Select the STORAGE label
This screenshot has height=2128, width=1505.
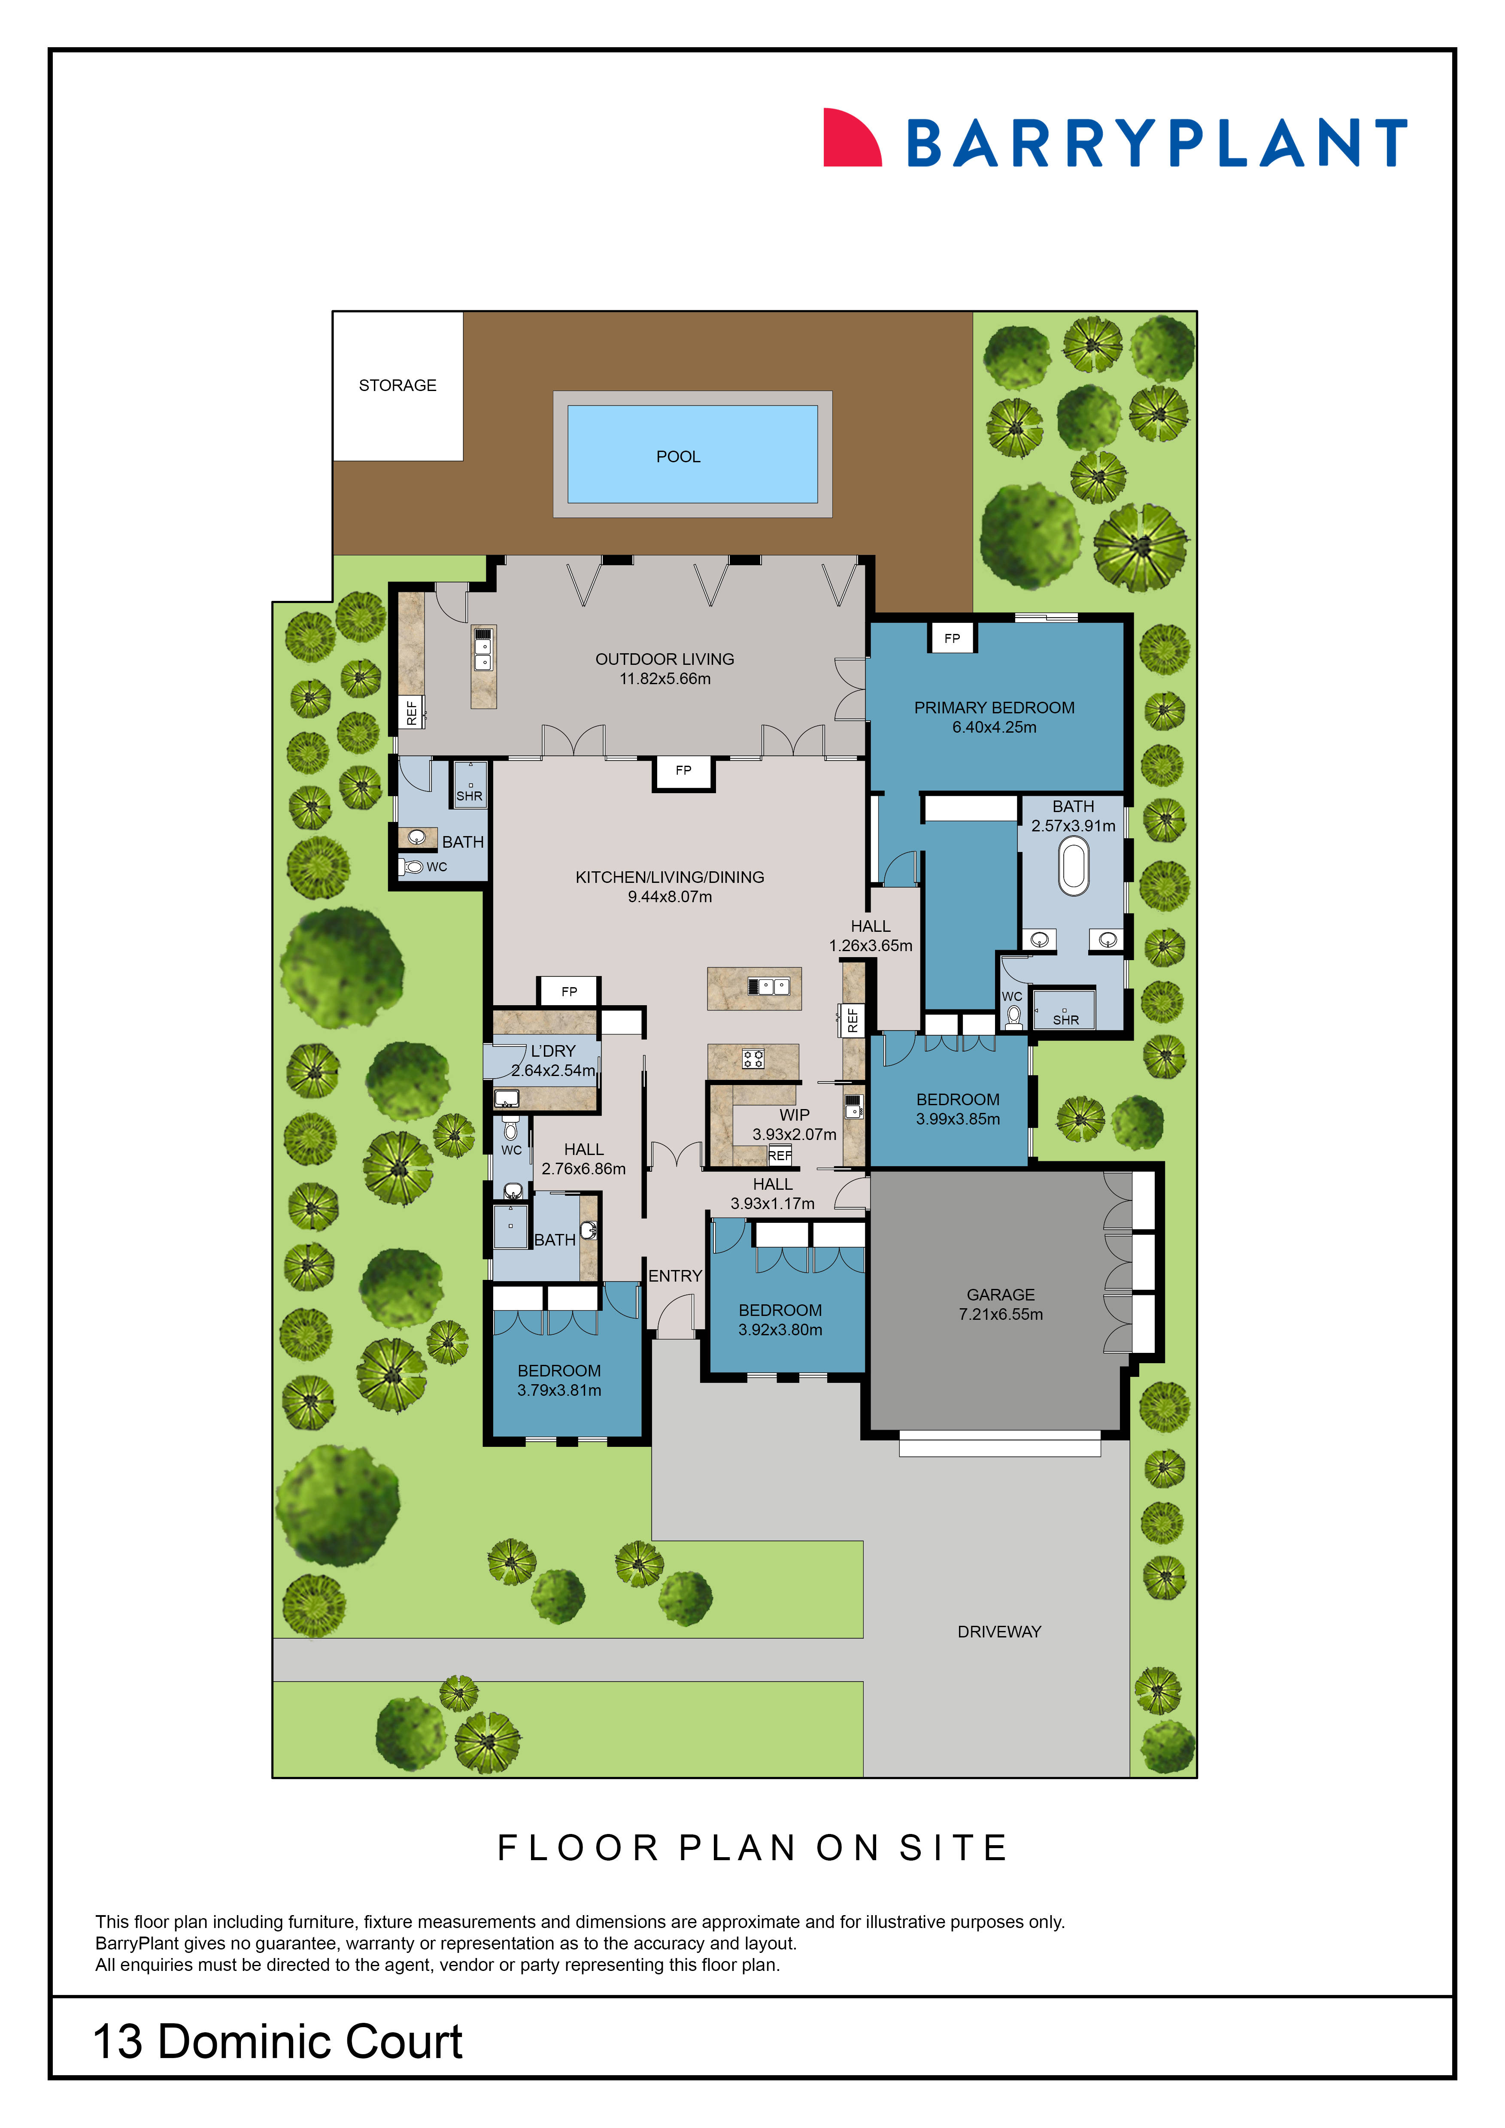397,385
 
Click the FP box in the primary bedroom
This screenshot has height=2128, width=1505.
952,638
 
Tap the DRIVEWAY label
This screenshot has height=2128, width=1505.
999,1631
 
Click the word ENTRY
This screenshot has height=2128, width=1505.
675,1275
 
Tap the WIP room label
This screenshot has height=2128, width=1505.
794,1114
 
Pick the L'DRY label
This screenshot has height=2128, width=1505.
553,1050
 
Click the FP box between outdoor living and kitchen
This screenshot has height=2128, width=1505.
683,770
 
